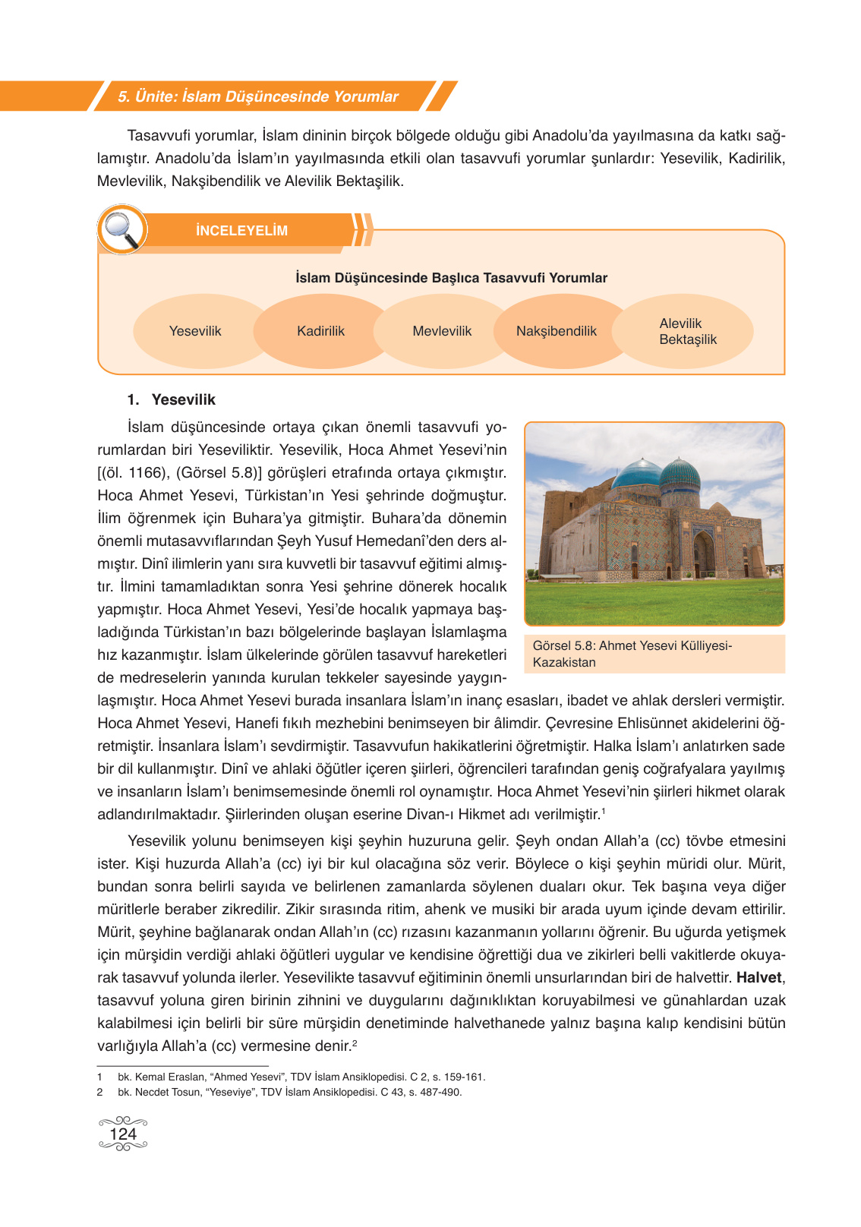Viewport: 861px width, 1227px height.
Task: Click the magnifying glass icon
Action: (x=121, y=229)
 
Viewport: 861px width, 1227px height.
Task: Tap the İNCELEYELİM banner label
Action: (x=241, y=231)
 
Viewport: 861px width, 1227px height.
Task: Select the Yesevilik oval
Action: (x=195, y=331)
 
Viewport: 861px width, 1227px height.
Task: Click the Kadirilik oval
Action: (x=320, y=331)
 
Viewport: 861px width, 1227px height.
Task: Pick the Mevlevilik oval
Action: (x=442, y=331)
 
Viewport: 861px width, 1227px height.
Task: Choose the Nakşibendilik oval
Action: (x=557, y=331)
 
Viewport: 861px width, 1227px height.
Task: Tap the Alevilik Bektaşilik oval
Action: (x=687, y=331)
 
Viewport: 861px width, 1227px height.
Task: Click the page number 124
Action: (x=123, y=1134)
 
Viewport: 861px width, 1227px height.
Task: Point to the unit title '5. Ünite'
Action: (x=258, y=96)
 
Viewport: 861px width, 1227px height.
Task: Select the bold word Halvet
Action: (x=758, y=978)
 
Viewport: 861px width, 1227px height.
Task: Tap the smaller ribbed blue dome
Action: (x=680, y=475)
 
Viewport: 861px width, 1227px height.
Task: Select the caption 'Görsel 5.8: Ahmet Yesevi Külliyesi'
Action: (x=632, y=645)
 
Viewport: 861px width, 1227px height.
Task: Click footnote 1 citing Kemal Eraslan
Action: (x=301, y=1077)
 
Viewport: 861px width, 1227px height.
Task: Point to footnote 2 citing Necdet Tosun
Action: (x=289, y=1092)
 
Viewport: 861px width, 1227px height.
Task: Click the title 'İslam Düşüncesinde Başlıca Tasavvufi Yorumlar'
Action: (x=451, y=278)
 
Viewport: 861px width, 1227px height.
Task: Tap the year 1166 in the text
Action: (x=146, y=472)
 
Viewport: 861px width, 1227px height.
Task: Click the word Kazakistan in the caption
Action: (x=564, y=662)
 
